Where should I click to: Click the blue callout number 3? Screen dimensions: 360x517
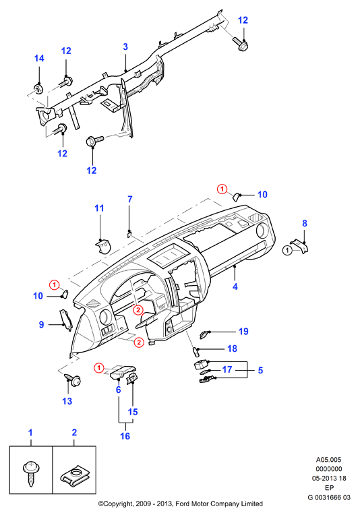125,47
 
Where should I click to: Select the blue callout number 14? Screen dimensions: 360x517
39,59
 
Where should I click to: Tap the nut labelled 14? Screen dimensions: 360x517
39,88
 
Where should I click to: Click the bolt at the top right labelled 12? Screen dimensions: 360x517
240,44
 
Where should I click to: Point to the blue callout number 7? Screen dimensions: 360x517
130,199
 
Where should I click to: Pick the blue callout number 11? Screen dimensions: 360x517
99,208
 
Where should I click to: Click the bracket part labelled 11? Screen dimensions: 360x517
102,246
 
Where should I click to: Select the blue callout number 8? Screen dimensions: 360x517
305,223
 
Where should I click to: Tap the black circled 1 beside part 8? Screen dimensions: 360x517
287,250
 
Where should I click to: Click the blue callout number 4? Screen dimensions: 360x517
235,286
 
